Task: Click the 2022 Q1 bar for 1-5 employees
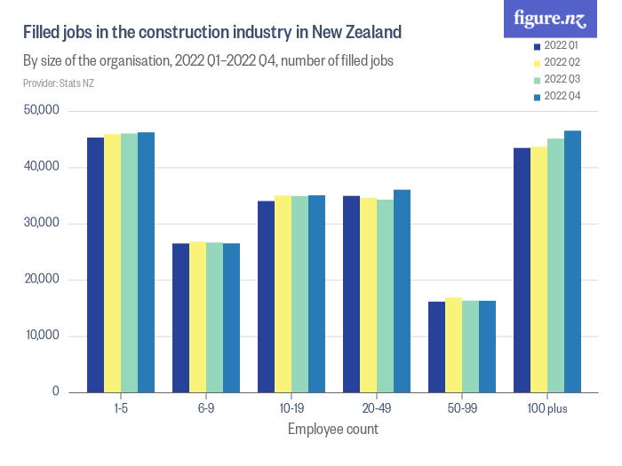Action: [95, 265]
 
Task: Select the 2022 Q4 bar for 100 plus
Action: [572, 261]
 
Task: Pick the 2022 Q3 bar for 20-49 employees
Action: [385, 296]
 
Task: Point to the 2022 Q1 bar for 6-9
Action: [180, 318]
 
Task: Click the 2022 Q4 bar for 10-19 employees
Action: [316, 294]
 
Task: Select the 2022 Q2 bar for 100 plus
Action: [538, 269]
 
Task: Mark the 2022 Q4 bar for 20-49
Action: [402, 290]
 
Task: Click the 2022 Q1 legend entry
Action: [556, 45]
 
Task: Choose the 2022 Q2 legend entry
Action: [556, 62]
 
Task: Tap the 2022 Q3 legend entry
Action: [556, 79]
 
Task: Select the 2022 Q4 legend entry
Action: [556, 96]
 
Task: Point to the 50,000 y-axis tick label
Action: [41, 111]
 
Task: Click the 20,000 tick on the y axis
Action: [41, 280]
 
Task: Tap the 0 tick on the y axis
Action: [55, 391]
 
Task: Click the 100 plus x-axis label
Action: [546, 409]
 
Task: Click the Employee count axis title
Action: [333, 430]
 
